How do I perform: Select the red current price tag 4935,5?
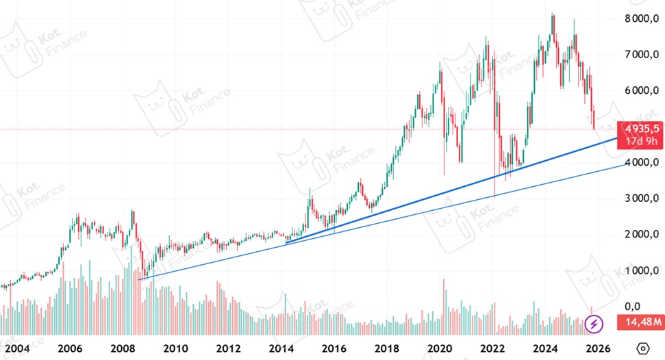click(x=640, y=128)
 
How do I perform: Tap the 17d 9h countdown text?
click(x=640, y=142)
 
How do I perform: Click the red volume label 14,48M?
click(x=640, y=322)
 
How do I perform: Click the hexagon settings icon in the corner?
click(x=643, y=348)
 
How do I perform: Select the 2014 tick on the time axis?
click(x=281, y=348)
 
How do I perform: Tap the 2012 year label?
click(x=228, y=348)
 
